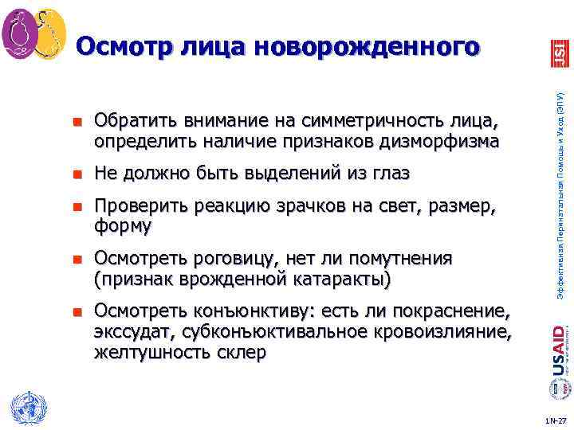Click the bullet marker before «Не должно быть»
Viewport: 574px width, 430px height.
point(77,174)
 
